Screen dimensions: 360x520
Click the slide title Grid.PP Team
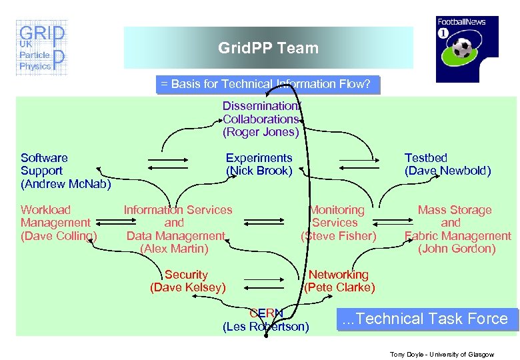click(x=268, y=48)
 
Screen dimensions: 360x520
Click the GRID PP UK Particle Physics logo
click(x=41, y=49)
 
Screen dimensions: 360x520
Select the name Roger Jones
click(x=261, y=132)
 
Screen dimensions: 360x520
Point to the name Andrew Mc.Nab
click(x=65, y=183)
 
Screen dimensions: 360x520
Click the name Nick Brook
click(x=259, y=171)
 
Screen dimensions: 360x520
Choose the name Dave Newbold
click(x=447, y=171)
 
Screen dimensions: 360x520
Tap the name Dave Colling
click(x=59, y=236)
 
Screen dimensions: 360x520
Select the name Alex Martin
click(x=174, y=249)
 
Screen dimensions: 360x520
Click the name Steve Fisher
click(x=339, y=236)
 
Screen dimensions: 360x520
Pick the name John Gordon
click(x=457, y=249)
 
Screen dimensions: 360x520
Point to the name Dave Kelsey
click(x=187, y=287)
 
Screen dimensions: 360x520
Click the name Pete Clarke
click(x=339, y=287)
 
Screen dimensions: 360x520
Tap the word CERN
click(x=266, y=313)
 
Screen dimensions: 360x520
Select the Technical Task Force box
click(x=425, y=319)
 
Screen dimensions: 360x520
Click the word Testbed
click(x=426, y=158)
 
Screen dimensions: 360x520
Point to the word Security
click(x=186, y=275)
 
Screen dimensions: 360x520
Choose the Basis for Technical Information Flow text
click(x=267, y=84)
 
